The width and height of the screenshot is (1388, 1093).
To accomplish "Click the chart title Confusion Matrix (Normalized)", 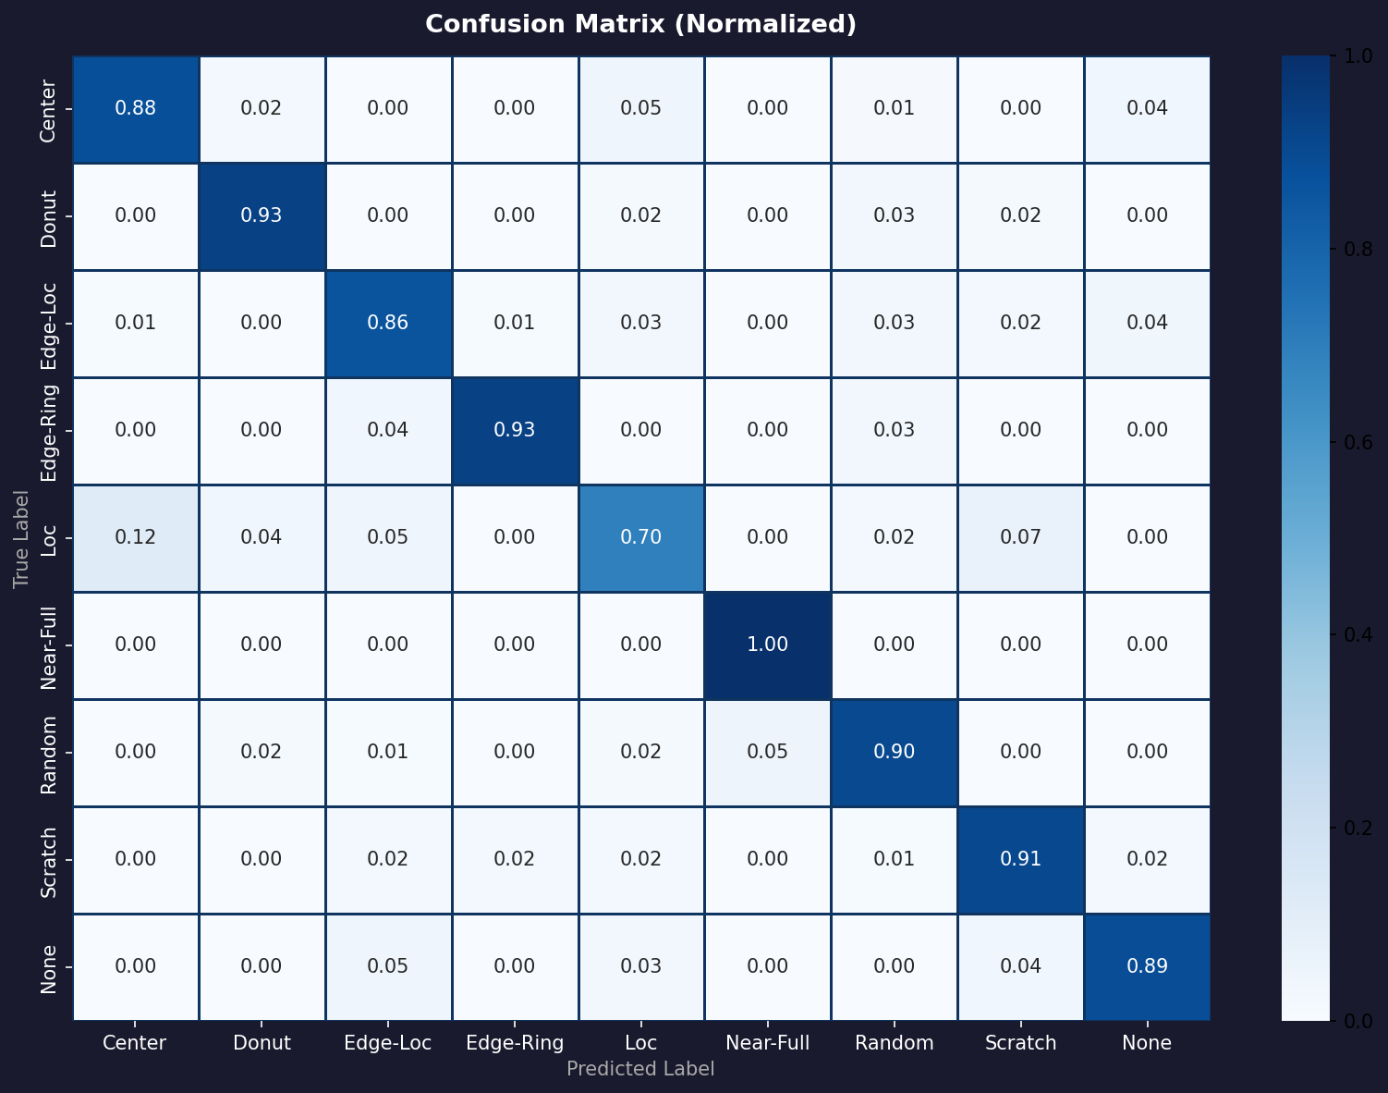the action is [x=640, y=25].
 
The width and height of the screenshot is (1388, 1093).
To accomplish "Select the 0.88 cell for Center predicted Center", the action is [x=136, y=108].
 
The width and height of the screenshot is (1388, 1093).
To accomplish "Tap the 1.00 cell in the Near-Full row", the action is [x=768, y=645].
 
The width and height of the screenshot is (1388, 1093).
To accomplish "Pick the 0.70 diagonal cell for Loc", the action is [x=641, y=538].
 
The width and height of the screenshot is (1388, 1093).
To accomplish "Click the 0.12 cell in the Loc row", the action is [x=136, y=538].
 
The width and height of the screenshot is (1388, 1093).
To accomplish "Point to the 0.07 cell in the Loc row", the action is [x=1020, y=538].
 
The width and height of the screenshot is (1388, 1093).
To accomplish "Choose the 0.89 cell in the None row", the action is [x=1147, y=966].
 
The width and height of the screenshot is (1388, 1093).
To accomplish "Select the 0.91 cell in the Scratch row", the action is [x=1020, y=859].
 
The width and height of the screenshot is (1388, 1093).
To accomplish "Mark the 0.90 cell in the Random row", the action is [x=894, y=752].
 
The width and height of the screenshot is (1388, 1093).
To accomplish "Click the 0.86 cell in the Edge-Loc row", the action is [x=388, y=323].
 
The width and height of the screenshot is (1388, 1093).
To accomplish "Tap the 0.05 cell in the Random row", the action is [x=768, y=752].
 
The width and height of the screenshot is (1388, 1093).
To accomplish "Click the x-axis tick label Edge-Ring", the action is [x=515, y=1043].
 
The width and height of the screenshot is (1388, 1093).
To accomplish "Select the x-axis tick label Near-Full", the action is [x=768, y=1043].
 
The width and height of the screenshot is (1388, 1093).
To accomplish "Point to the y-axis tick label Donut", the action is [x=48, y=219].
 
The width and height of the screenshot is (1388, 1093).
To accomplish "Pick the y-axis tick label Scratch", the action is [x=48, y=863].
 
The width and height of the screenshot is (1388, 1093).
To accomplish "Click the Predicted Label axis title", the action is [x=640, y=1069].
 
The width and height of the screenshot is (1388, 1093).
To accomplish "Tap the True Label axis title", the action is [x=21, y=539].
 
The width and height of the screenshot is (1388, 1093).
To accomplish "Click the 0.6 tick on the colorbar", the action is [x=1358, y=442].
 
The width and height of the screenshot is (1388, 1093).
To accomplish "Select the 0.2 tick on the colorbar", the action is [x=1358, y=828].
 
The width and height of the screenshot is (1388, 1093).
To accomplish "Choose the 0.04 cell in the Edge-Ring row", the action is [x=388, y=430].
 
